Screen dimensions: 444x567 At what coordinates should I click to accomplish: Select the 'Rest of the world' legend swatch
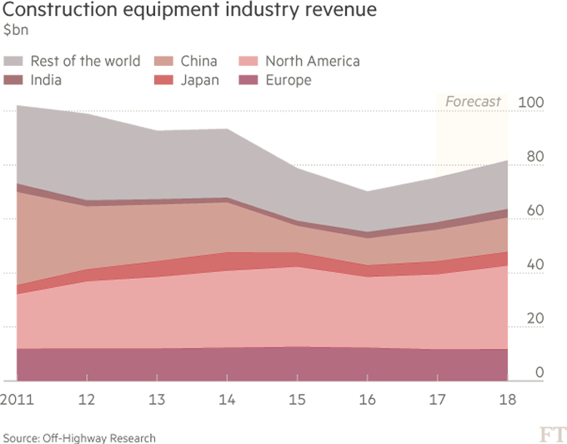click(14, 61)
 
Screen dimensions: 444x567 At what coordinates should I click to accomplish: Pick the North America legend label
click(312, 61)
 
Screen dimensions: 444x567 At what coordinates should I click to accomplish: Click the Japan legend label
click(200, 80)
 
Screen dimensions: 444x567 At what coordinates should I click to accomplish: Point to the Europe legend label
click(288, 80)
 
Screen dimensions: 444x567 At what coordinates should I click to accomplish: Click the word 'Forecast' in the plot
click(473, 102)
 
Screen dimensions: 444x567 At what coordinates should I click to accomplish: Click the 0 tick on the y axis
click(540, 372)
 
